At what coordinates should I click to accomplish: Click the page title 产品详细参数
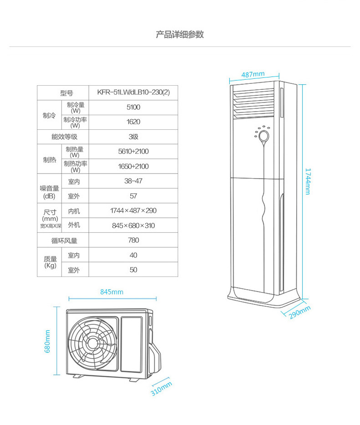[x=180, y=35]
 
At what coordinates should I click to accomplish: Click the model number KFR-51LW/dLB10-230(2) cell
[x=134, y=93]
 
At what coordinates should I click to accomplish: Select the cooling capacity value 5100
[x=134, y=108]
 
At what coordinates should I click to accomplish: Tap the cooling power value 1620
[x=134, y=122]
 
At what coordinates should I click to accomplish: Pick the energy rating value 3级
[x=134, y=137]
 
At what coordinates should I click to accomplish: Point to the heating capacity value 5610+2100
[x=134, y=151]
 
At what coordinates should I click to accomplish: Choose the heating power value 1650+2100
[x=134, y=166]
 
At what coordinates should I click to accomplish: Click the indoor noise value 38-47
[x=134, y=181]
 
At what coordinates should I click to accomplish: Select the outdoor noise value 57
[x=134, y=196]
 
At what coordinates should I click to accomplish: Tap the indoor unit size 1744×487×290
[x=134, y=210]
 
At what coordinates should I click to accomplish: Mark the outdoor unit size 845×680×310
[x=134, y=225]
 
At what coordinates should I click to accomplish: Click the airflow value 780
[x=134, y=240]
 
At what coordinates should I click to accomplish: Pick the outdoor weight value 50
[x=134, y=270]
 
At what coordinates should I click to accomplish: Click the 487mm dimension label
[x=253, y=74]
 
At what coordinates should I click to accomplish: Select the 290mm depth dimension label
[x=299, y=312]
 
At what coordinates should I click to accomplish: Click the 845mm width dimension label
[x=112, y=292]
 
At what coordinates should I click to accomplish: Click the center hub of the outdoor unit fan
[x=93, y=342]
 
